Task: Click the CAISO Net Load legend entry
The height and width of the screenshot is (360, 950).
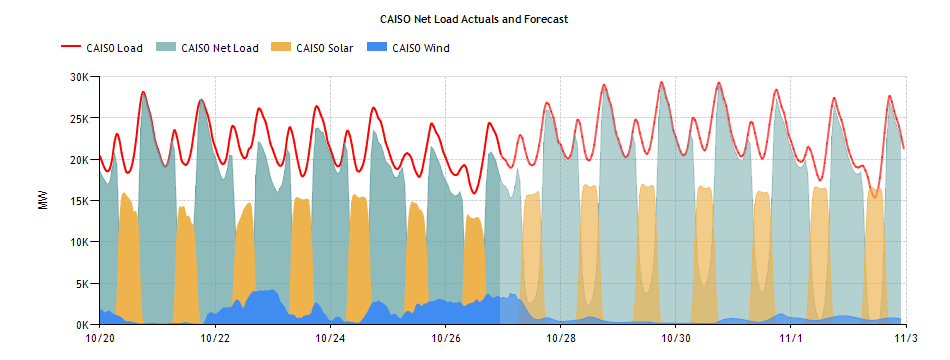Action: pos(220,47)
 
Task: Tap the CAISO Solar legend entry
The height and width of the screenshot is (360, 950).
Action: pos(324,47)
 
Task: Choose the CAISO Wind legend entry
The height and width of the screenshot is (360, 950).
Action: pos(420,47)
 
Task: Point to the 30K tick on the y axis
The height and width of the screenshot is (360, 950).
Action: pos(81,76)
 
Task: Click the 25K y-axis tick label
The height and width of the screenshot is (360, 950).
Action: pos(81,118)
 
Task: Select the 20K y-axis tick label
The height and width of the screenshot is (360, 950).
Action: pos(81,159)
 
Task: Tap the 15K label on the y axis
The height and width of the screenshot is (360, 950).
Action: pos(81,201)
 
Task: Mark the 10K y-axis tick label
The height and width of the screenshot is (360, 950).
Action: pos(81,242)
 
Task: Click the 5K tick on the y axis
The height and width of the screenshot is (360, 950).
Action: pos(84,284)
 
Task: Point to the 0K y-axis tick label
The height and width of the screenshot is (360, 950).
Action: pos(84,325)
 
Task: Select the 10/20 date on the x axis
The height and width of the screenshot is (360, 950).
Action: pos(100,339)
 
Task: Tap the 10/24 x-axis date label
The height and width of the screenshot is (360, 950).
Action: pos(331,339)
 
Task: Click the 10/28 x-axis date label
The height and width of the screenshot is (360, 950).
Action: pos(561,339)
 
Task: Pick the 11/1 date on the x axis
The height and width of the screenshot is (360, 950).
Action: pos(792,339)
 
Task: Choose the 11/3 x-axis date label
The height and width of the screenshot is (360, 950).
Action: pos(905,339)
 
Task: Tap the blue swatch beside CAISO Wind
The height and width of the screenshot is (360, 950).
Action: pos(379,47)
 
